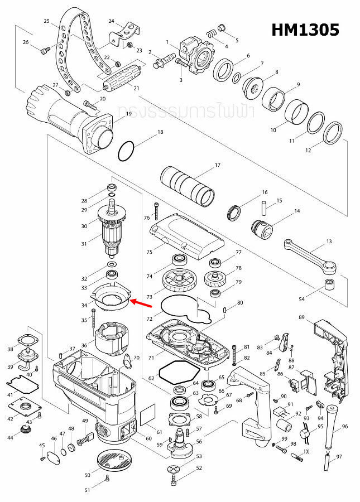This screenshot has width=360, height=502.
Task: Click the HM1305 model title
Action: point(305,30)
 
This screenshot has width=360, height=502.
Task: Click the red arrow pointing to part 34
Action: point(143,304)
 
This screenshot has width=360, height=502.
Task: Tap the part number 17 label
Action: point(218,165)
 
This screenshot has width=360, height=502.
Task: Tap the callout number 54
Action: point(302,300)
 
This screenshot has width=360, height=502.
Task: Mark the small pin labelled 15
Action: point(263,209)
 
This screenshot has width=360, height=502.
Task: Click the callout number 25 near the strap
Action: point(47,21)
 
